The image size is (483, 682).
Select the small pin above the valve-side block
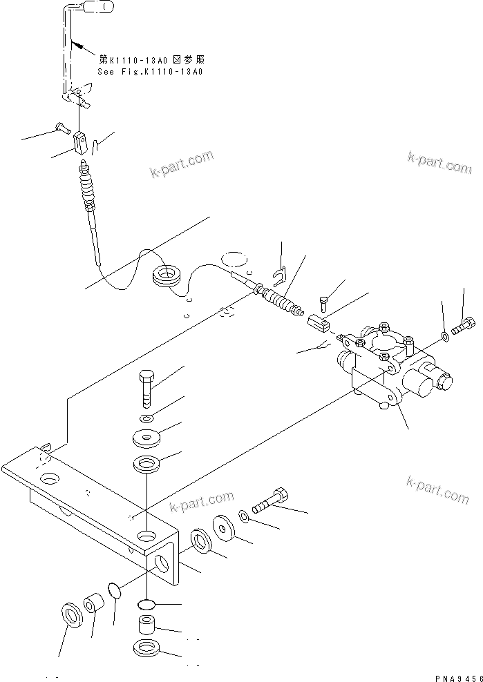[325, 301]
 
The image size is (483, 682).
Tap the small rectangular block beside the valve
[318, 321]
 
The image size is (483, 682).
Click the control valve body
[387, 366]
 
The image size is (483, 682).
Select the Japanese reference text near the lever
[152, 61]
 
